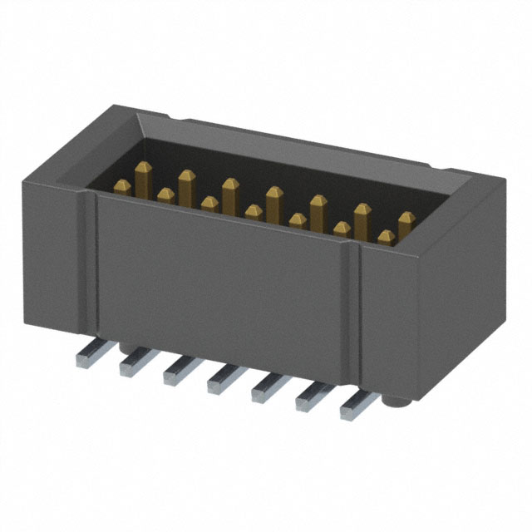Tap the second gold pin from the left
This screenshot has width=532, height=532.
point(165,195)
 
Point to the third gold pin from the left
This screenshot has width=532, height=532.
point(186,181)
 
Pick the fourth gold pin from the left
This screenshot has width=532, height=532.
point(209,203)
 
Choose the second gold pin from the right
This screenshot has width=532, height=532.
point(385,238)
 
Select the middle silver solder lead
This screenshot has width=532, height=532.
point(221,379)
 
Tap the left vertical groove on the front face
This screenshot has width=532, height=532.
point(92,266)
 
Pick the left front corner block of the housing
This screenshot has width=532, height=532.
point(54,258)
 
